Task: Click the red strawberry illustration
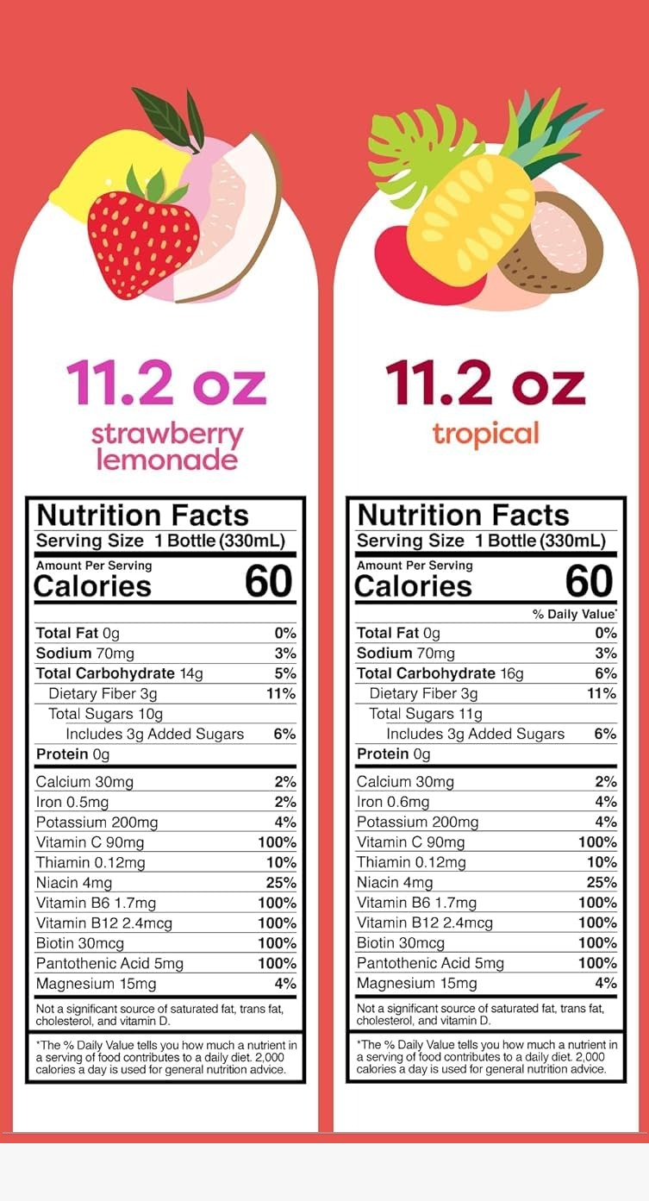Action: pyautogui.click(x=142, y=235)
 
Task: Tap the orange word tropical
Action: pyautogui.click(x=485, y=433)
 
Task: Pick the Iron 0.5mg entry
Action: pyautogui.click(x=72, y=802)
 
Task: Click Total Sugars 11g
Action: pyautogui.click(x=426, y=713)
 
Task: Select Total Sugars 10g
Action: pyautogui.click(x=105, y=713)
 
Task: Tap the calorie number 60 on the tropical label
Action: pyautogui.click(x=589, y=582)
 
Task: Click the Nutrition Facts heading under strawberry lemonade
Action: pyautogui.click(x=142, y=516)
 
